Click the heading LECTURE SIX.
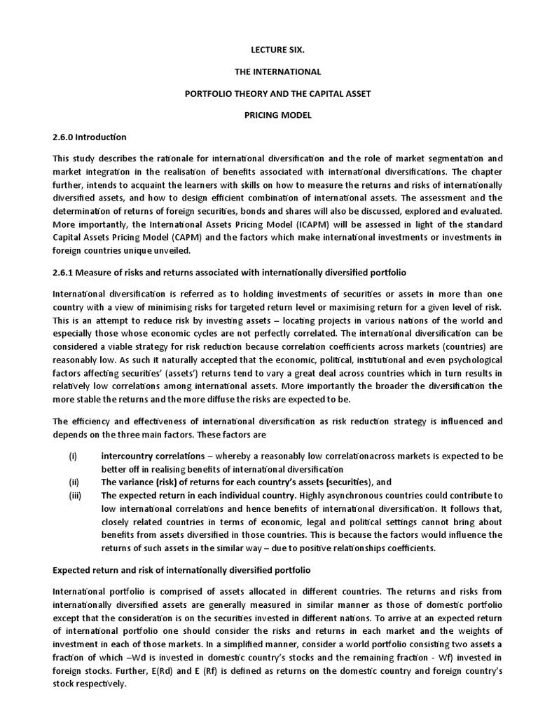pyautogui.click(x=269, y=52)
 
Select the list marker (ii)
pyautogui.click(x=73, y=482)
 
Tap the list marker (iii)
pyautogui.click(x=74, y=495)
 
